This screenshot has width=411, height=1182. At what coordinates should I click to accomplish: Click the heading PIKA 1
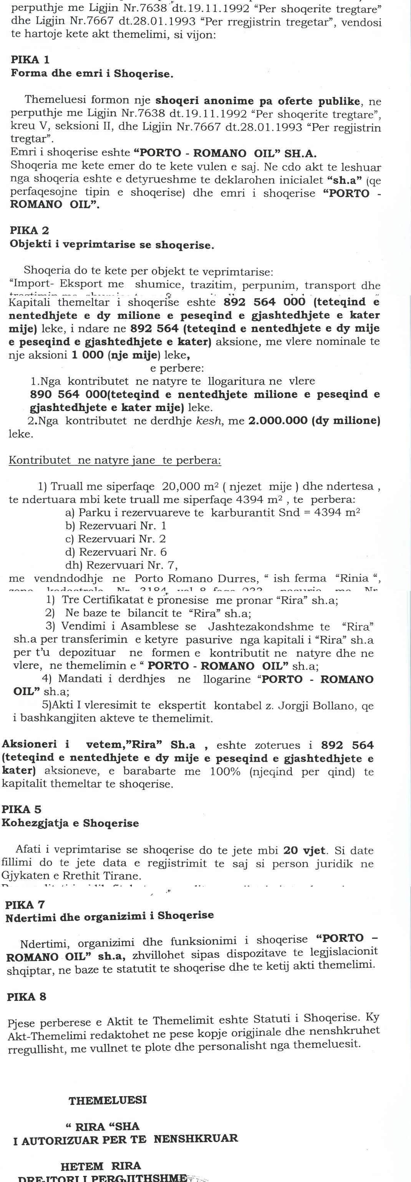30,59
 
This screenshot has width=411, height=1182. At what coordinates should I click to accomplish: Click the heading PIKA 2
30,230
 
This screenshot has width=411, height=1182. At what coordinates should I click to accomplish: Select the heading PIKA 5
22,809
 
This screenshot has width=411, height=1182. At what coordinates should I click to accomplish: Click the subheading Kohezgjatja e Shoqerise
70,823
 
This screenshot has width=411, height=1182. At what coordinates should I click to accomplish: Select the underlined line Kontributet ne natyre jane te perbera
115,460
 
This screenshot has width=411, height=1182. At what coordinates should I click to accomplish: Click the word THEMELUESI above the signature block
108,1100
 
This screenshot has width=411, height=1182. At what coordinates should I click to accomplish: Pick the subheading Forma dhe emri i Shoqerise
92,73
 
